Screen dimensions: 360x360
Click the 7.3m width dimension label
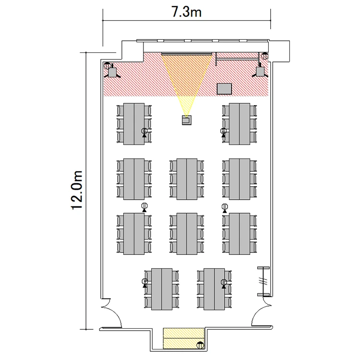(x=187, y=12)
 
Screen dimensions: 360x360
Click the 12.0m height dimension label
(x=77, y=189)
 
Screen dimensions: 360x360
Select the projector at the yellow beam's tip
(x=187, y=120)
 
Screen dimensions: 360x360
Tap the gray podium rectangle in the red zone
(x=224, y=88)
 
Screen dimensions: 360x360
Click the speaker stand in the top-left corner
(x=113, y=72)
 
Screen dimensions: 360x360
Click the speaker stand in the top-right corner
(x=260, y=72)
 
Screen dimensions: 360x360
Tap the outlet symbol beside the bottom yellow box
(x=201, y=344)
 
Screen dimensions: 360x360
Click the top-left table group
(x=134, y=123)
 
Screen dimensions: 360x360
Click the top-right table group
(x=240, y=123)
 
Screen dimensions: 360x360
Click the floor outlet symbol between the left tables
(x=144, y=207)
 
